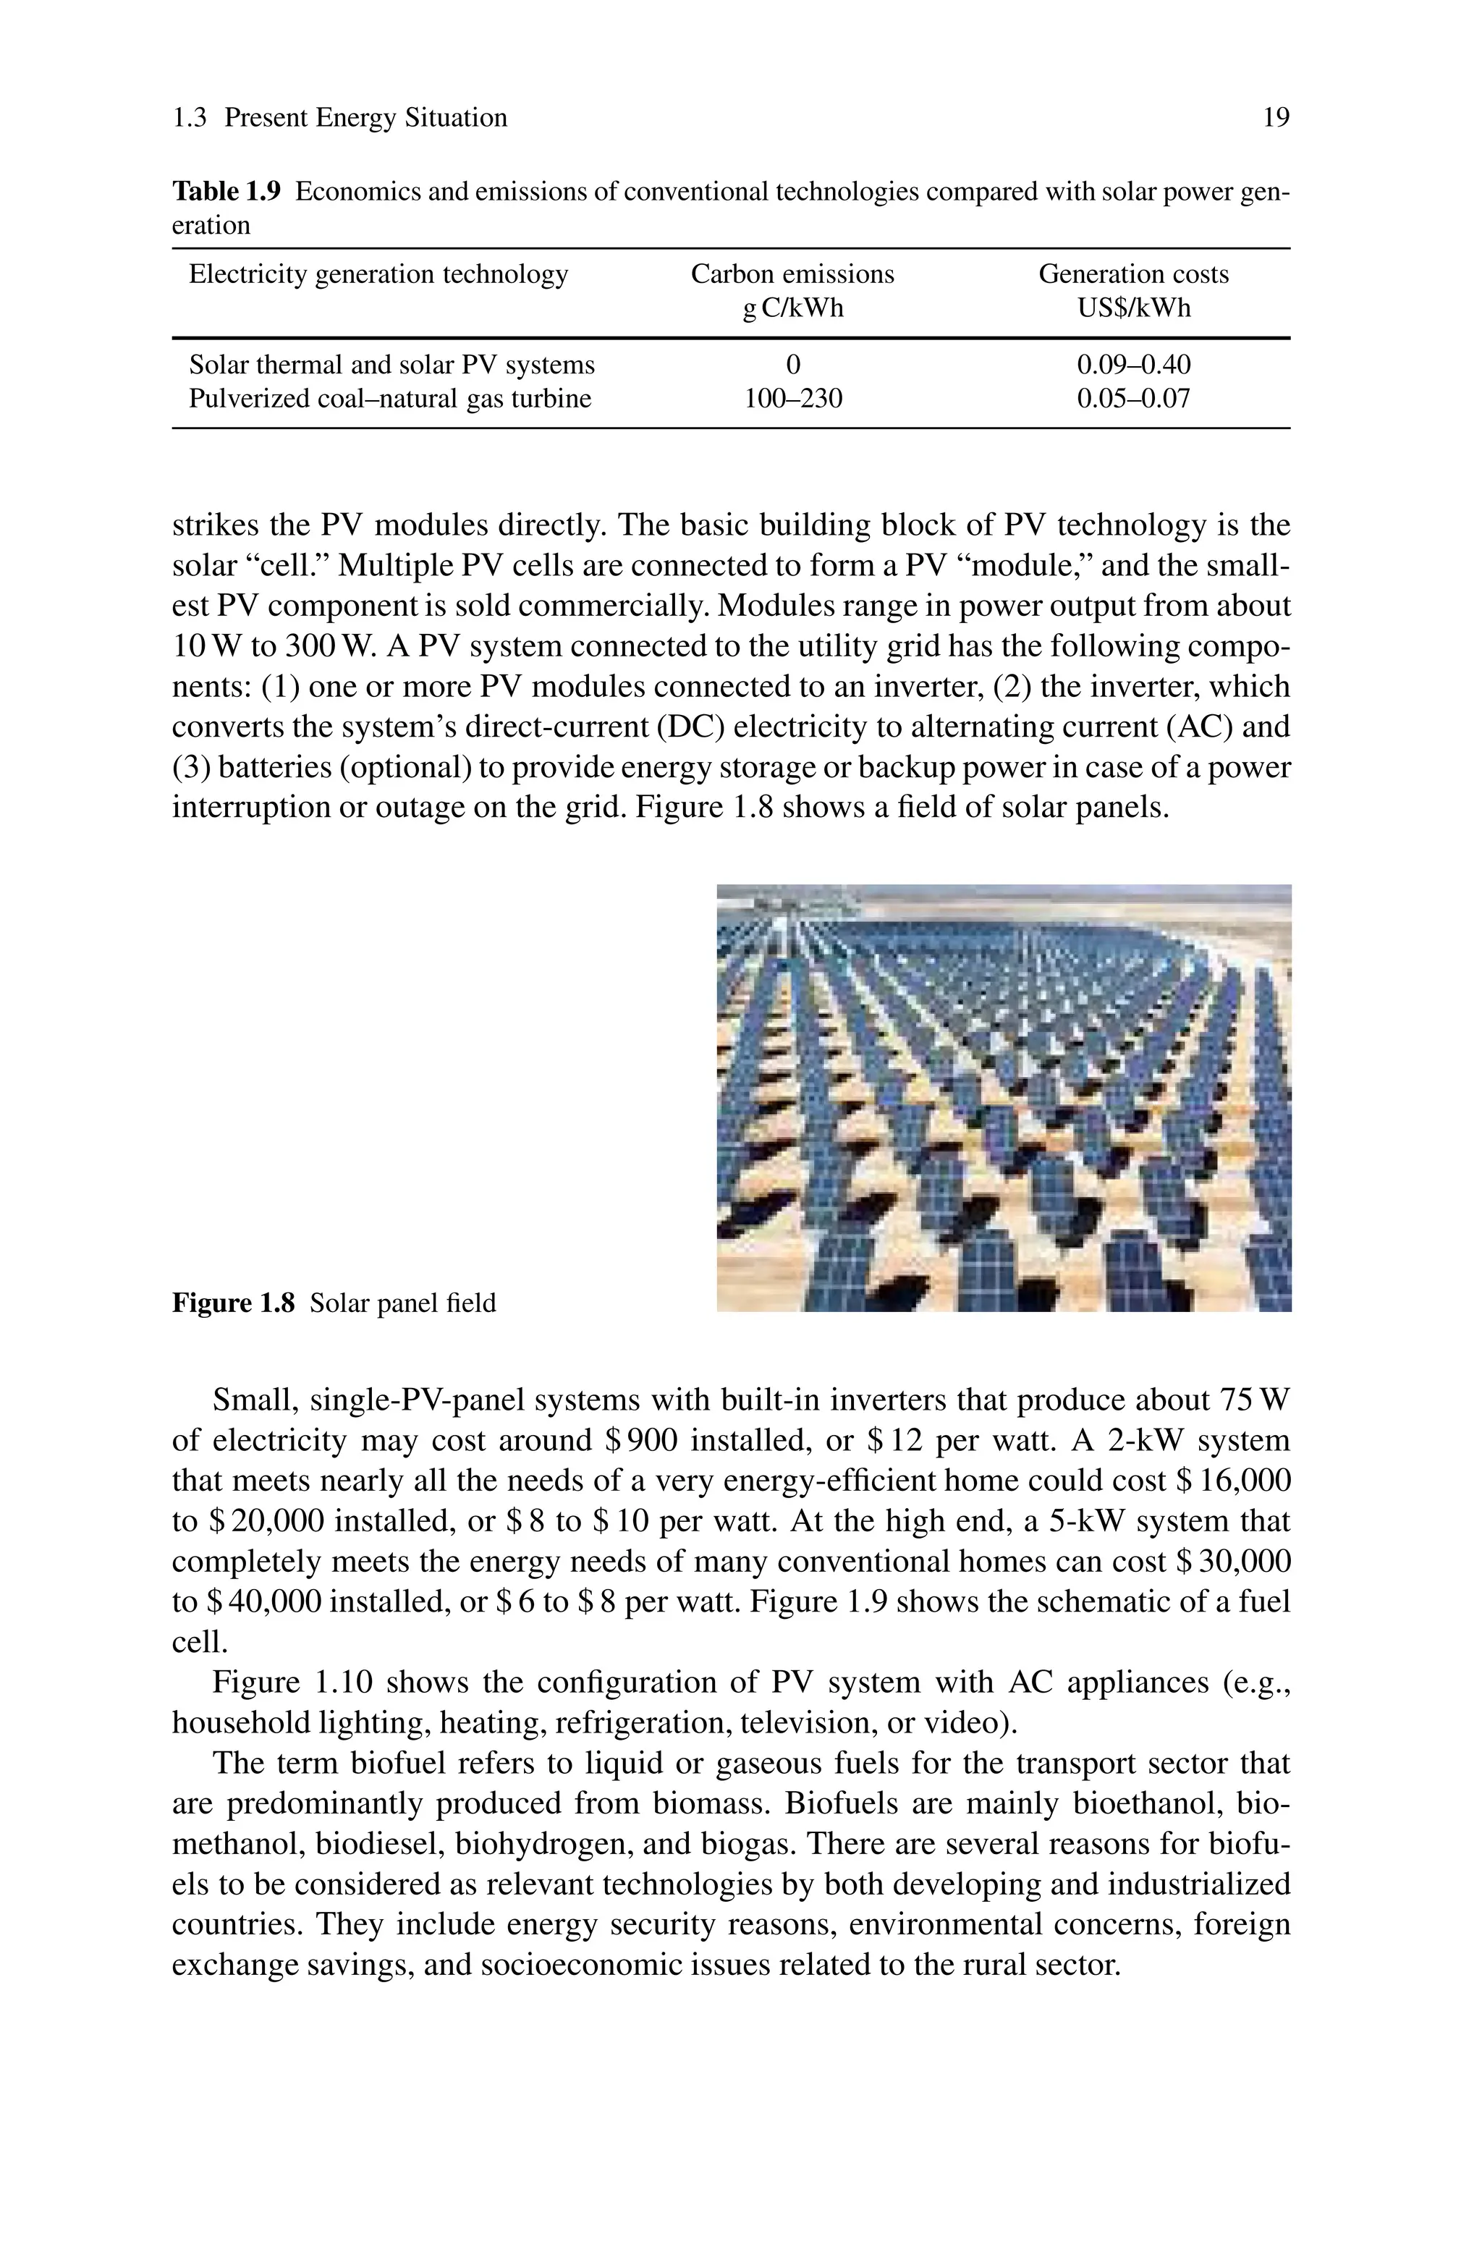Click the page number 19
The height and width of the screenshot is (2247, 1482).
pyautogui.click(x=1275, y=118)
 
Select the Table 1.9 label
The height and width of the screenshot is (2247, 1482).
pyautogui.click(x=226, y=192)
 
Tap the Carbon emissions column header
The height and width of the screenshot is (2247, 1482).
pyautogui.click(x=792, y=274)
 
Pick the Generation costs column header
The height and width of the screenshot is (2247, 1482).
pyautogui.click(x=1133, y=274)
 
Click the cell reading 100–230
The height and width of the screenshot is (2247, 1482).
pyautogui.click(x=792, y=399)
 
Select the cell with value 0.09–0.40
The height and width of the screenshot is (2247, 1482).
pyautogui.click(x=1133, y=365)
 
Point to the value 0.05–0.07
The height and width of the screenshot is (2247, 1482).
pyautogui.click(x=1133, y=399)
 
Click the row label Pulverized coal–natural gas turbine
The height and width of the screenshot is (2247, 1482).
pyautogui.click(x=389, y=399)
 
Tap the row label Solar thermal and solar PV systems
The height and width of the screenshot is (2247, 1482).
pyautogui.click(x=391, y=365)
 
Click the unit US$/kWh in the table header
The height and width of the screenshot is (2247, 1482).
pyautogui.click(x=1133, y=308)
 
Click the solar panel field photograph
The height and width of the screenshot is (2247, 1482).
pyautogui.click(x=1004, y=1097)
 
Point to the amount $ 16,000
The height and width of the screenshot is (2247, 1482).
pyautogui.click(x=1233, y=1481)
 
